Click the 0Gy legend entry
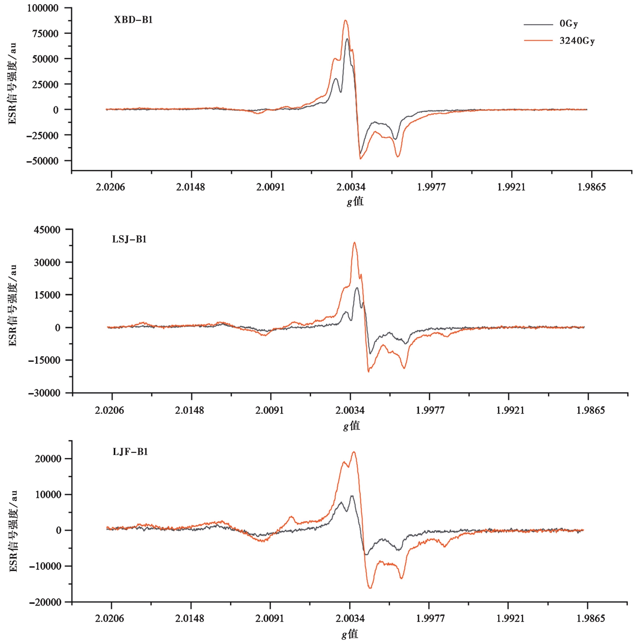568,24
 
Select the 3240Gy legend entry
577,41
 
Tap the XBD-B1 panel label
133,20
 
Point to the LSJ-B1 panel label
129,239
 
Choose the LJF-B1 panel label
130,452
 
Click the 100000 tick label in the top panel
43,8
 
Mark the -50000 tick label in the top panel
42,161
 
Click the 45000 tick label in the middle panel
47,230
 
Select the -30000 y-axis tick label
44,393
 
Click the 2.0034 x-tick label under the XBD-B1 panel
351,187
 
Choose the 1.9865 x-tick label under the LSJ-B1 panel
591,410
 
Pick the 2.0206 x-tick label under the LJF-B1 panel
110,618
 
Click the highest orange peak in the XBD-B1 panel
345,20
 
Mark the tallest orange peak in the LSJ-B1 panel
355,243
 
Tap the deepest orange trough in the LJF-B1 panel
370,588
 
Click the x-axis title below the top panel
355,201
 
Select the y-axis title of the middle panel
13,306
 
